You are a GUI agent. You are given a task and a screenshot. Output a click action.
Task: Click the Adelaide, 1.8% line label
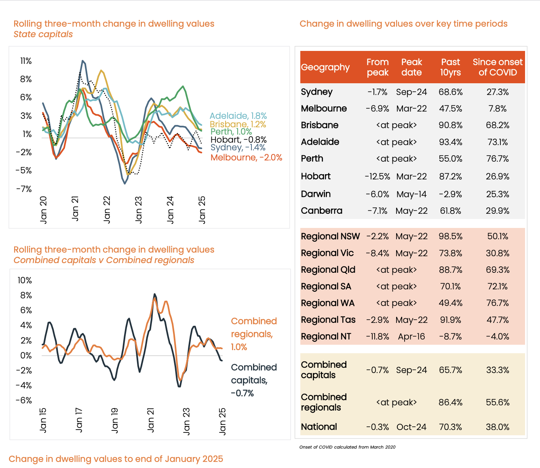[x=238, y=116]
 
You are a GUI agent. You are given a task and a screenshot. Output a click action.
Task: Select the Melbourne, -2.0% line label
[x=246, y=158]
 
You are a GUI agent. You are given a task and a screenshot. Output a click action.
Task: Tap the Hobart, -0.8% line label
[x=238, y=140]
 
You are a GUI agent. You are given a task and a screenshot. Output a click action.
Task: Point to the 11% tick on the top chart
[x=26, y=61]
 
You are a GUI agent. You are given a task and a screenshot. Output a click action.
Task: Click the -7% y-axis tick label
[x=24, y=189]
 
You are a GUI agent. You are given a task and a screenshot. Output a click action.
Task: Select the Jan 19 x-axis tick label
[x=115, y=420]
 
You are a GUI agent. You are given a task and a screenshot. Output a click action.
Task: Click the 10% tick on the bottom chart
[x=25, y=280]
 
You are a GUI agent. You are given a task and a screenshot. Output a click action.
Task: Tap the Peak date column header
[x=411, y=67]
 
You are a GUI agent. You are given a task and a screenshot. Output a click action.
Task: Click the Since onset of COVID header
[x=498, y=67]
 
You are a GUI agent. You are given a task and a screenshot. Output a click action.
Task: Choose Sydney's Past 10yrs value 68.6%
[x=451, y=92]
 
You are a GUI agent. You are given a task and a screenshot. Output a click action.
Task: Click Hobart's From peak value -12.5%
[x=378, y=177]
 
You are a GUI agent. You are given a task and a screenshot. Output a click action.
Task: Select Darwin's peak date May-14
[x=411, y=194]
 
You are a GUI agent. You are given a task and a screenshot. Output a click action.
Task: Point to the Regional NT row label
[x=326, y=337]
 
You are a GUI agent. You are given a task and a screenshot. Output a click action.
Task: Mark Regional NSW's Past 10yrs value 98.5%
[x=451, y=236]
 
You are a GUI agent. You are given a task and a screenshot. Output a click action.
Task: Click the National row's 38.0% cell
[x=498, y=427]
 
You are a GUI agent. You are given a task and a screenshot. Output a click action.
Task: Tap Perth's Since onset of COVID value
[x=498, y=159]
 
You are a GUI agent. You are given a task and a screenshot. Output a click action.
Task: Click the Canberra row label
[x=322, y=211]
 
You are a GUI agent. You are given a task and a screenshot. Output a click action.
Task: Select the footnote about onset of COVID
[x=347, y=447]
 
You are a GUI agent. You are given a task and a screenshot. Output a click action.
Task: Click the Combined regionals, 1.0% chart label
[x=254, y=334]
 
